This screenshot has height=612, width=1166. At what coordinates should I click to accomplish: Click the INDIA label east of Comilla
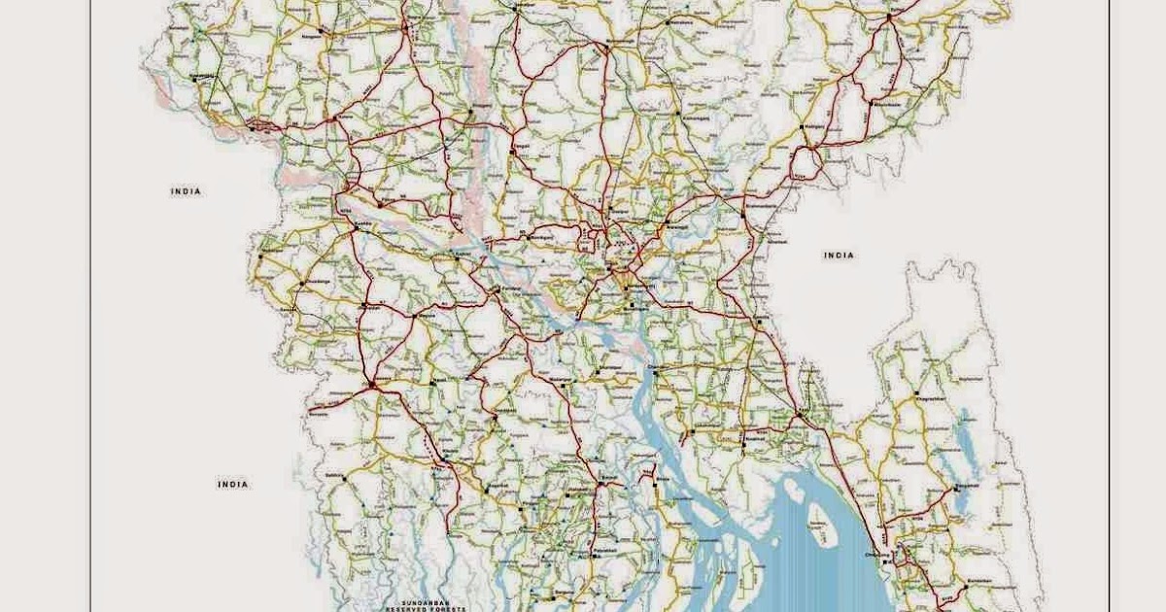point(839,255)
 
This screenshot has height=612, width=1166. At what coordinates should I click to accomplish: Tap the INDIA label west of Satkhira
point(233,484)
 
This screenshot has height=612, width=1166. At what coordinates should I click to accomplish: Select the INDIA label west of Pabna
point(186,191)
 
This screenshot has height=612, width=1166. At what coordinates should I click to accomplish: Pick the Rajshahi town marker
point(252,124)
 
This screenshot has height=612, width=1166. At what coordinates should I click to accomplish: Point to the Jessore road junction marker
point(371,386)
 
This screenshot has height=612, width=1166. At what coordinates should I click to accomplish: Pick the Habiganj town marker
point(803,127)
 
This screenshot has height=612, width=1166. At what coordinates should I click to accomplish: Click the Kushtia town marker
point(356,228)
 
